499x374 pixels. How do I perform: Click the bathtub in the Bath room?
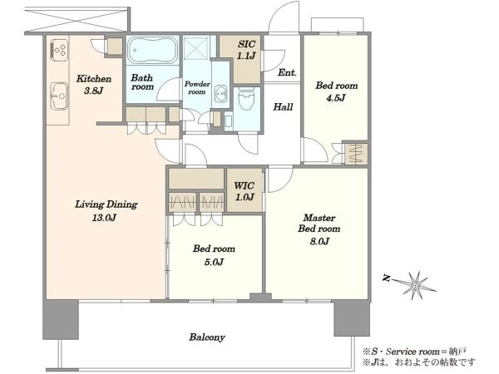point(152,50)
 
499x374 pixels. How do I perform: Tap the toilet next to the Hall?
point(246,99)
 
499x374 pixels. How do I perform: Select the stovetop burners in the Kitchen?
point(59,50)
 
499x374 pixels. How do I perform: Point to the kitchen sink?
point(59,96)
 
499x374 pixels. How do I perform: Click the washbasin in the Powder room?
point(220,93)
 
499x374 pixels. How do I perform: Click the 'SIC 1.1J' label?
point(246,50)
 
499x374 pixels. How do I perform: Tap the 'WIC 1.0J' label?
point(245,191)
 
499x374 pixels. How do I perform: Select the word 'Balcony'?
point(207,337)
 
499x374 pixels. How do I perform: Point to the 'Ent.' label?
point(287,72)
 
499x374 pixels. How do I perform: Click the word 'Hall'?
point(283,107)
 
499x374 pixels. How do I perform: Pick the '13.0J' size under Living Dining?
point(104,218)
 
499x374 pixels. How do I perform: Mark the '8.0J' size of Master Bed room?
point(319,242)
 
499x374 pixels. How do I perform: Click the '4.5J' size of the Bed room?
point(336,98)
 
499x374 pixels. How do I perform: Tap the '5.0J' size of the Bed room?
point(213,262)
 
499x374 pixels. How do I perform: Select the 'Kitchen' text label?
point(94,79)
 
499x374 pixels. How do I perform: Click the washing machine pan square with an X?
point(197,47)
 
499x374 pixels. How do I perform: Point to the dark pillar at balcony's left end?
point(61,319)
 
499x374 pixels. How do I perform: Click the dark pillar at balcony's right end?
point(352,318)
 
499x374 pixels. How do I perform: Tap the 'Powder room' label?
point(197,88)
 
